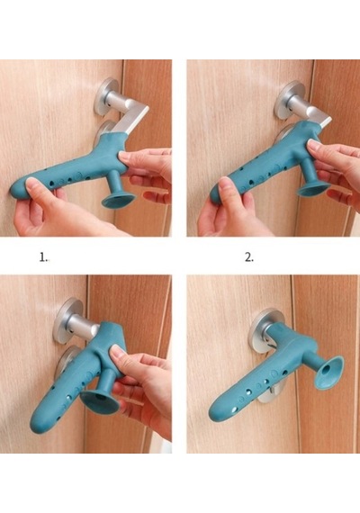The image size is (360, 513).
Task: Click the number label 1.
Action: coord(43,257)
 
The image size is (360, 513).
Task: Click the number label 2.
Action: coord(249,257)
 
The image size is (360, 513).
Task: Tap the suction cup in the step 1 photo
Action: coord(119,200)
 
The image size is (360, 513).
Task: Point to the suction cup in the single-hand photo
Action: coord(100,400)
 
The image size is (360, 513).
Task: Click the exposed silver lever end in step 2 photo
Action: coord(323,121)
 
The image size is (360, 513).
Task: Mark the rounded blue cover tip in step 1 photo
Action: coord(19,188)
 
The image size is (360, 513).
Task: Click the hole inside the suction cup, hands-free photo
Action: coord(328,371)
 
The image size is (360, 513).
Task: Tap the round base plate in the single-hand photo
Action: coord(67,316)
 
